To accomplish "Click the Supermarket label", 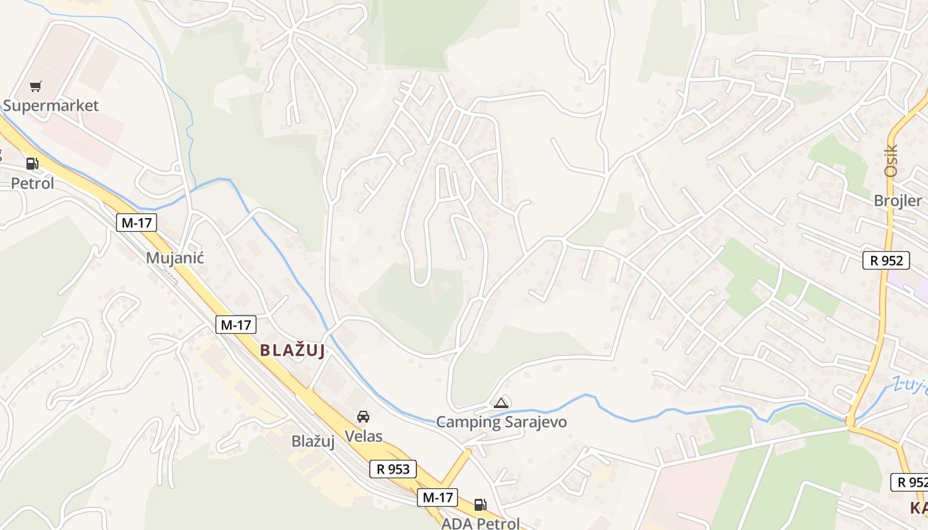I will (51, 105).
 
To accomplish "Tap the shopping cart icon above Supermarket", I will (36, 87).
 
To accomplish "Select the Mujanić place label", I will (175, 258).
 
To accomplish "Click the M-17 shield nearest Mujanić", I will (137, 223).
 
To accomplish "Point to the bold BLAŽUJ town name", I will (292, 350).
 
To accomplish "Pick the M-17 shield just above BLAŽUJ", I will (236, 325).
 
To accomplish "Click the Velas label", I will (363, 436).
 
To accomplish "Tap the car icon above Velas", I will (363, 417).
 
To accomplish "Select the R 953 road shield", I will (393, 469).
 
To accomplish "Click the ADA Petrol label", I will (481, 523).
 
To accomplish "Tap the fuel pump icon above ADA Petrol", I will (480, 505).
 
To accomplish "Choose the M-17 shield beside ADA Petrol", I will (437, 498).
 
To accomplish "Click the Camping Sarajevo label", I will (501, 422).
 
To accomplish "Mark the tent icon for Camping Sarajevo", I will (501, 403).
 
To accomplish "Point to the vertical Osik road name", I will (890, 160).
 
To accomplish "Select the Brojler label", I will (898, 201).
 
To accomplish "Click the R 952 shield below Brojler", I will (886, 260).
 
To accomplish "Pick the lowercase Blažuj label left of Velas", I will (313, 441).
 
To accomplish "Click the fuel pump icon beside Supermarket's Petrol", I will (32, 164).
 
